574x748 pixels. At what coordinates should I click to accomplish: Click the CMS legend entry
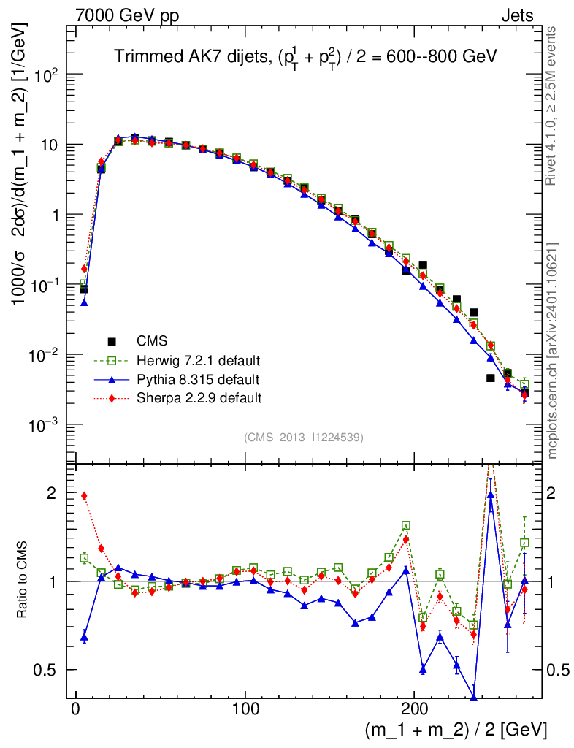pos(152,341)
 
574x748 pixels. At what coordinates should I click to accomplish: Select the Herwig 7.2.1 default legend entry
pos(199,361)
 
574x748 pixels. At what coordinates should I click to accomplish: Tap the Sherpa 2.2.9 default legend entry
pos(199,399)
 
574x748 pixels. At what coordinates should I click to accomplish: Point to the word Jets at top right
pos(516,15)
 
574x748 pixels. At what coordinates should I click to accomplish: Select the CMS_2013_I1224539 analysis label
pos(304,438)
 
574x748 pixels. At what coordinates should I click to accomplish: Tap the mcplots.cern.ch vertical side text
pos(554,351)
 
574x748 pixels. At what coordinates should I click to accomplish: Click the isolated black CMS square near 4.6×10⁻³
pos(490,378)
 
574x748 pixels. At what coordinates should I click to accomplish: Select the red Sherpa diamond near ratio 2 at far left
pos(84,496)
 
